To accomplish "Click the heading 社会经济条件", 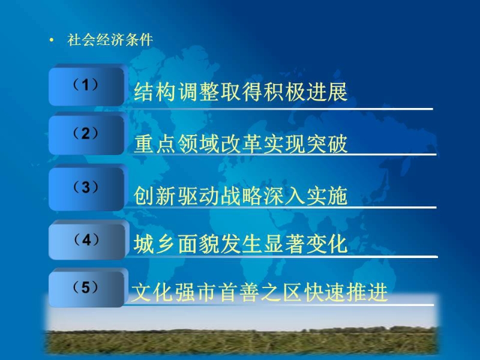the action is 110,40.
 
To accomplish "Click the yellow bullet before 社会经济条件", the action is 52,40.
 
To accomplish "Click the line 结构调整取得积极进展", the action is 241,92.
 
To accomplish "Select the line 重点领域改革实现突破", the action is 241,144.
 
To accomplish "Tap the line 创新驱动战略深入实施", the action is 241,196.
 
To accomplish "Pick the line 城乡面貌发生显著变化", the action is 241,244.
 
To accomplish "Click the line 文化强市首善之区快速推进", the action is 260,292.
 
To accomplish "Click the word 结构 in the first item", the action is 155,92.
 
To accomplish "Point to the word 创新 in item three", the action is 155,196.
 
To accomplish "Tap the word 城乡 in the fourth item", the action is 155,244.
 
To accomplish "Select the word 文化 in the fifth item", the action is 152,292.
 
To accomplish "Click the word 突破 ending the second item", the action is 326,144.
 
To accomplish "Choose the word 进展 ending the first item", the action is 326,92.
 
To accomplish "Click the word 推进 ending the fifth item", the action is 367,292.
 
